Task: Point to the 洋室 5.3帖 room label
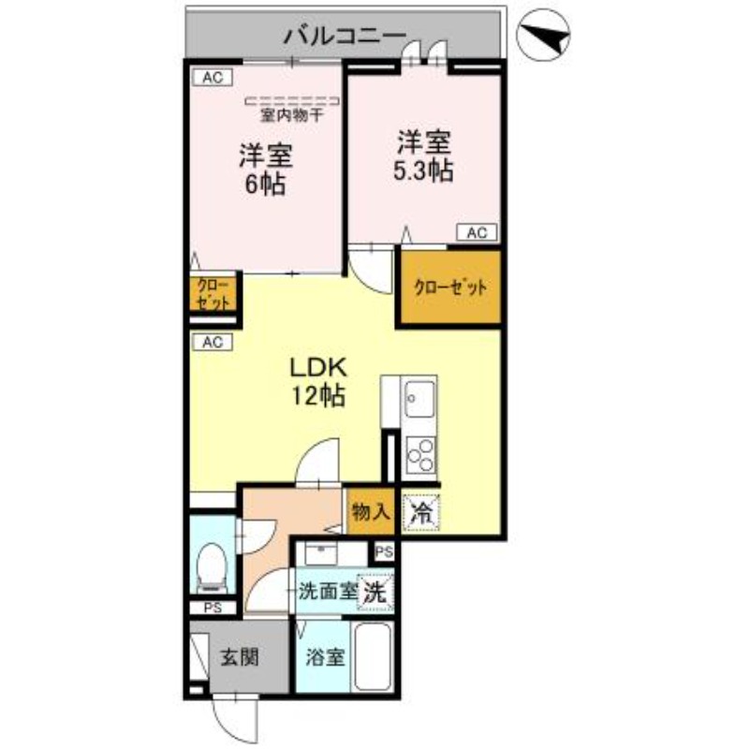[423, 156]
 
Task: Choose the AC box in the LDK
[211, 342]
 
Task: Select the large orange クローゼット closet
[450, 288]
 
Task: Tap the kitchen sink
[419, 398]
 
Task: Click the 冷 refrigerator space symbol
[422, 512]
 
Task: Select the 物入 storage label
[370, 511]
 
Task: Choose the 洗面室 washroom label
[327, 592]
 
